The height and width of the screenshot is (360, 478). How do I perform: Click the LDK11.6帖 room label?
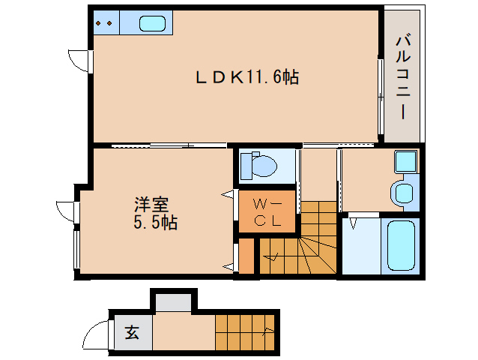[x=247, y=76]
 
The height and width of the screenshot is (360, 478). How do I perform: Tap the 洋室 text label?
[x=152, y=204]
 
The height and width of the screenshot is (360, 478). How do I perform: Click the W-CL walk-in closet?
[x=267, y=212]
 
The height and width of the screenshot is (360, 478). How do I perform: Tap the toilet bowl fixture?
[x=259, y=165]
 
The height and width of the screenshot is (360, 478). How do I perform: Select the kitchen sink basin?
[x=152, y=23]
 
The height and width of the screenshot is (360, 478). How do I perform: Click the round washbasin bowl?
[x=403, y=192]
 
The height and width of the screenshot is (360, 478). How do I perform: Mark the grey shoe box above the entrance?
[x=173, y=302]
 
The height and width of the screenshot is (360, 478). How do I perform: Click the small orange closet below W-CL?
[x=246, y=256]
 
